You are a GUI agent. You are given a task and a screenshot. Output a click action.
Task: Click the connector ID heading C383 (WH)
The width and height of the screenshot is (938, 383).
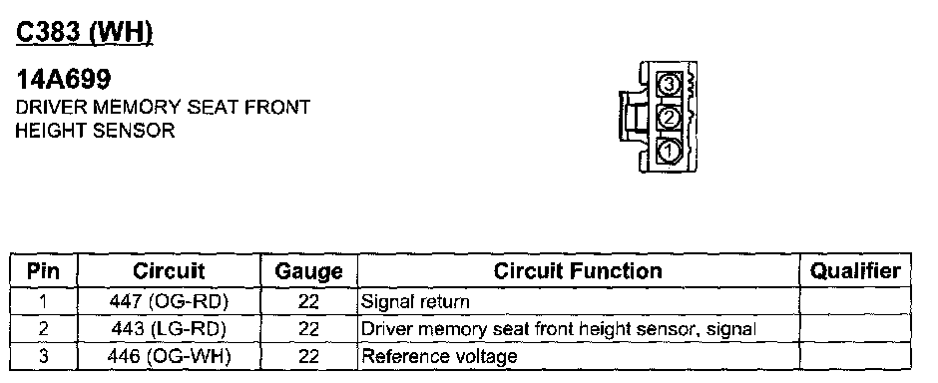85,32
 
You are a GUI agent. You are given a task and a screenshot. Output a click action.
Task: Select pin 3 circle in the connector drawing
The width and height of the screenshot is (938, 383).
669,84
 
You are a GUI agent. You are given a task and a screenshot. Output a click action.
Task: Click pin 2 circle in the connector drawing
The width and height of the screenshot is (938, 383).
669,118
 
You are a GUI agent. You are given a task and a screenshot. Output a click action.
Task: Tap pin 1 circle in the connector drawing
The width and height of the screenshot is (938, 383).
669,150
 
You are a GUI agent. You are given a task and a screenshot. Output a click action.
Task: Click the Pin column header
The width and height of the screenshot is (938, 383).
44,271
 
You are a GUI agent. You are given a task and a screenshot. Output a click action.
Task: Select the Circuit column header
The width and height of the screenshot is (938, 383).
169,271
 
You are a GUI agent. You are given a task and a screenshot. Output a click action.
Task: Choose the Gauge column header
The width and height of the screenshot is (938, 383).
308,272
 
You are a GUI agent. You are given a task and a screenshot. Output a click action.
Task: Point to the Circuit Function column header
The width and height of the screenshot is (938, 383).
578,271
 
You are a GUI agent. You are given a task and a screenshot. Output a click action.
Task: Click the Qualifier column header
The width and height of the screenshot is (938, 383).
855,271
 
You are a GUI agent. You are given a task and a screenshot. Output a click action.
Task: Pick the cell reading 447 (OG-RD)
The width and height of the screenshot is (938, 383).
169,302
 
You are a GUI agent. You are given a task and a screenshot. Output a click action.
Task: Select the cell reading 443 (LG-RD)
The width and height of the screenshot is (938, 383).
169,329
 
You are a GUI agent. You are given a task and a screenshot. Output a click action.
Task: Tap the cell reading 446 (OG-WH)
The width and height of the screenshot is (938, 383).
169,357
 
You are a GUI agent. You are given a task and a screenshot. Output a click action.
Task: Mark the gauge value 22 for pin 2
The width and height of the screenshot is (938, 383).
308,329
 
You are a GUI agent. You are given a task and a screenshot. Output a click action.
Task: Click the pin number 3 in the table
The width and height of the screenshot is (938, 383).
43,357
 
